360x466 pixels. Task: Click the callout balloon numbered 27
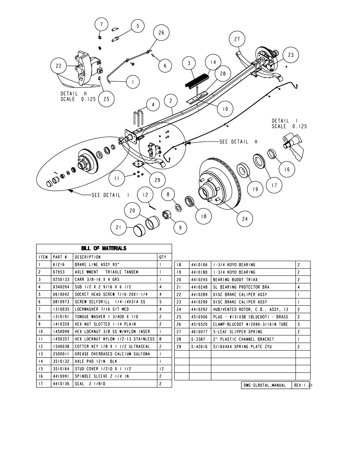(x=237, y=39)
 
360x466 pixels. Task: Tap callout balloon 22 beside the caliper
(x=58, y=66)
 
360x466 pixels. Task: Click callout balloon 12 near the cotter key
(x=145, y=195)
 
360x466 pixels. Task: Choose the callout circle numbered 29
(x=157, y=180)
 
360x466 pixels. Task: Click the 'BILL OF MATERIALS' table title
(x=104, y=248)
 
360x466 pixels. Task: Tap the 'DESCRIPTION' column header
(x=88, y=257)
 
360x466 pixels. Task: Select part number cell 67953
(x=59, y=272)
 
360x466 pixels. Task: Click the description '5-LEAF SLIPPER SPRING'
(x=237, y=332)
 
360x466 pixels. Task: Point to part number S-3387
(x=198, y=339)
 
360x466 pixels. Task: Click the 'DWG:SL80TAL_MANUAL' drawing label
(x=265, y=386)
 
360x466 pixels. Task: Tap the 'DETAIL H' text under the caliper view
(x=74, y=94)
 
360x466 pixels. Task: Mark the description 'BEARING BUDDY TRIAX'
(x=235, y=280)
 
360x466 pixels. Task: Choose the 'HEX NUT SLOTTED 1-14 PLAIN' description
(x=105, y=324)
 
